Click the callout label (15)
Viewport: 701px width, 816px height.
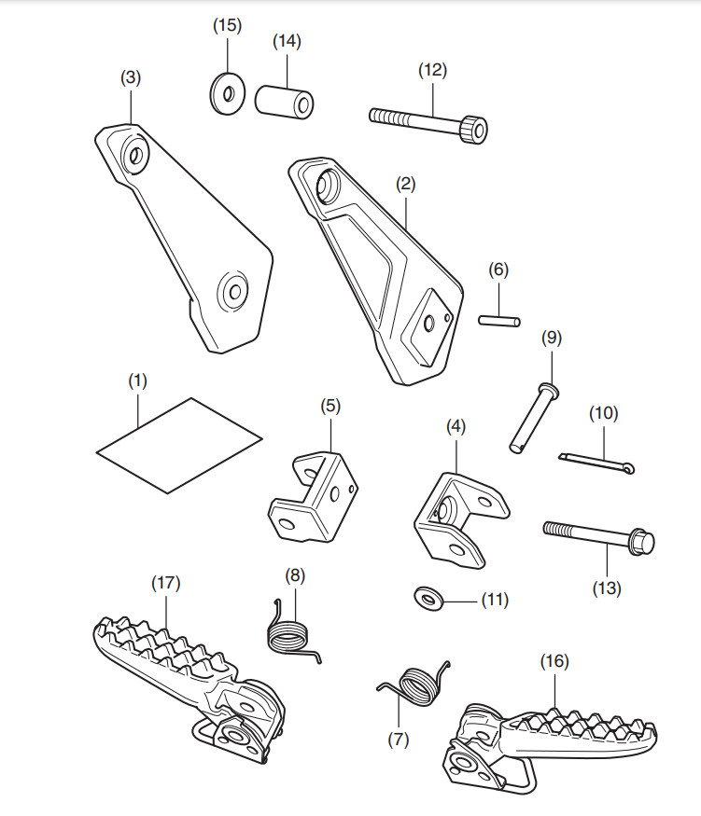click(226, 25)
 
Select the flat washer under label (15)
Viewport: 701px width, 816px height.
click(224, 91)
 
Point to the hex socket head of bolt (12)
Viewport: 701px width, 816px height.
click(476, 127)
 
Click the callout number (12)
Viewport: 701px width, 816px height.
click(432, 70)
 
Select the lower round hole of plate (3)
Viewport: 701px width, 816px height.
click(233, 292)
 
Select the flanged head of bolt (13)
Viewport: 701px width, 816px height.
click(642, 540)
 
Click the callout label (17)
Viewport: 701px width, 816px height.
click(165, 583)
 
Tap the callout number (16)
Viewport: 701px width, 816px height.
click(554, 661)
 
